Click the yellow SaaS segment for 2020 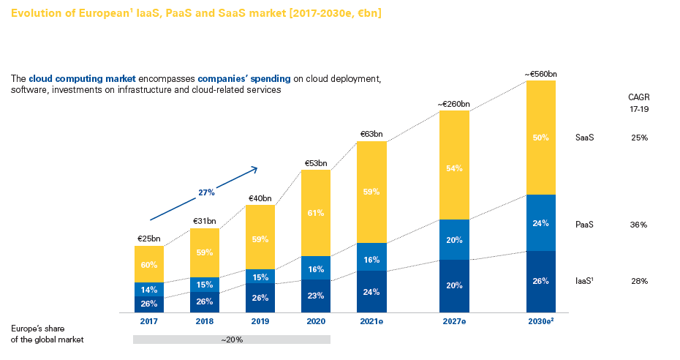tap(315, 213)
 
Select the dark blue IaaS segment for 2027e tap(454, 285)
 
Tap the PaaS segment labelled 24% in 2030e tap(540, 223)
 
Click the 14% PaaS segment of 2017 tap(149, 290)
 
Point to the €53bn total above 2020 tap(315, 163)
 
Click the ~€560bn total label tap(540, 74)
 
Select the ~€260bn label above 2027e tap(454, 104)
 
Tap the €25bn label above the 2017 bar tap(149, 239)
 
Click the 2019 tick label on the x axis tap(260, 320)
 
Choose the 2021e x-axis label tap(371, 320)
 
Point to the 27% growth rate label tap(206, 192)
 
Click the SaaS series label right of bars tap(584, 138)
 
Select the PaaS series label tap(584, 225)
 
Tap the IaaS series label tap(585, 281)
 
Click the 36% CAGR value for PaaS tap(638, 225)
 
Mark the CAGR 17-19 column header tap(638, 102)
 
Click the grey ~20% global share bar tap(231, 340)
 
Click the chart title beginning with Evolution tap(195, 14)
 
